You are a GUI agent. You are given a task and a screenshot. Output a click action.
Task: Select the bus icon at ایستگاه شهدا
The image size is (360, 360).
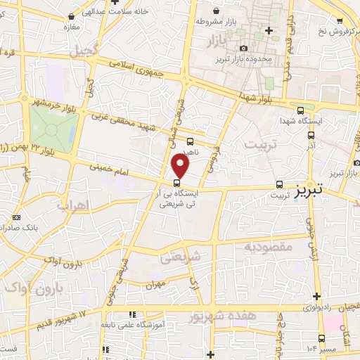click(x=301, y=110)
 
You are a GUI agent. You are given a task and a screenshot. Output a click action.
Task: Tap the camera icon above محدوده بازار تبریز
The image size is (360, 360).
click(x=244, y=47)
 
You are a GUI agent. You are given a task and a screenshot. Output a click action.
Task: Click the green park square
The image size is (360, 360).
click(x=54, y=127)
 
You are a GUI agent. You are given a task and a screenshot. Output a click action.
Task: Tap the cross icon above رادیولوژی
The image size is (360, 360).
click(x=316, y=295)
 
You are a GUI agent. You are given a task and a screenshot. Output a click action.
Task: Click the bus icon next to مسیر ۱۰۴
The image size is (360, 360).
click(x=321, y=337)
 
